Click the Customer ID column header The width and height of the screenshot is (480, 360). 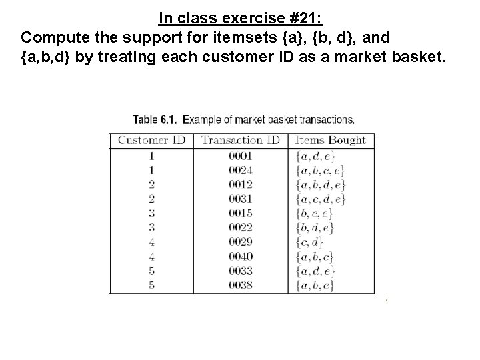[152, 141]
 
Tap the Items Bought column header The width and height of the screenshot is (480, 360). [331, 141]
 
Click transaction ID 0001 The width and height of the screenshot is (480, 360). [241, 156]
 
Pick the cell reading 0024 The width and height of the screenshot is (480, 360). [241, 170]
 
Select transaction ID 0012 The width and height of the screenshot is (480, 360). [241, 185]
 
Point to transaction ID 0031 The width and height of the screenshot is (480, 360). [241, 199]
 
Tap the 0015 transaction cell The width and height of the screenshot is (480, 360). [241, 213]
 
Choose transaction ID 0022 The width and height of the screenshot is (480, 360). [241, 227]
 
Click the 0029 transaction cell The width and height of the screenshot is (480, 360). [241, 242]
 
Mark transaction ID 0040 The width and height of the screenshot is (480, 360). [241, 256]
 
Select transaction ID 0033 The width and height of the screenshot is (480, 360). [241, 271]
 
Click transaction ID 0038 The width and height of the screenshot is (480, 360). [241, 285]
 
